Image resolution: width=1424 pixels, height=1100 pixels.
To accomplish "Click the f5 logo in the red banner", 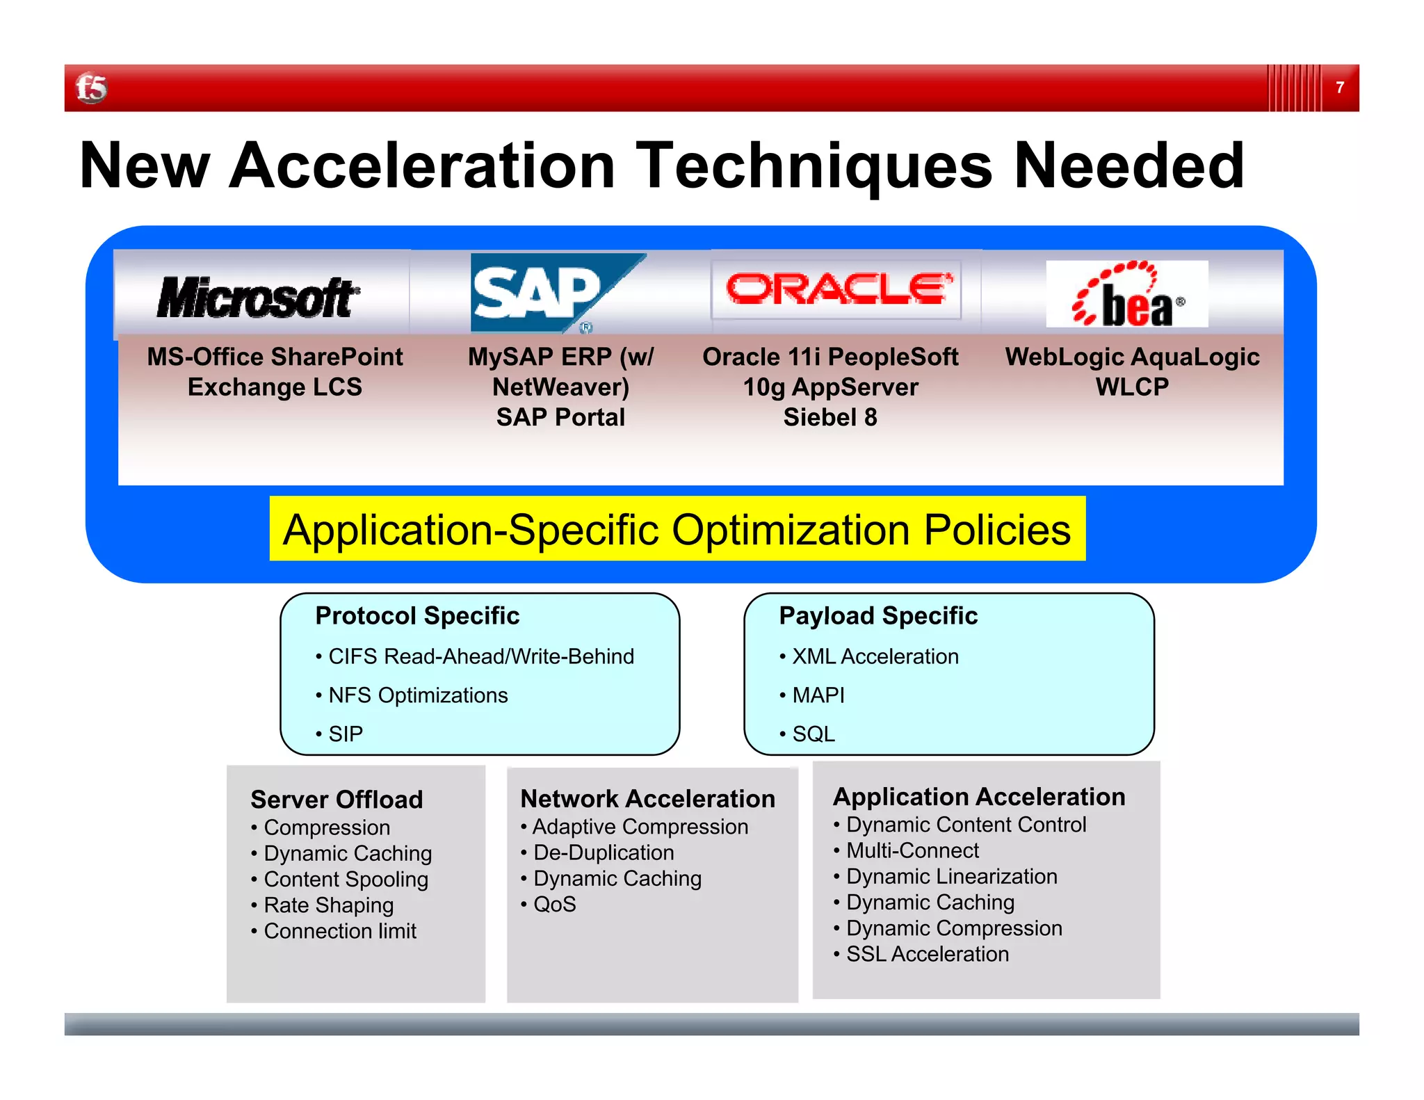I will point(91,88).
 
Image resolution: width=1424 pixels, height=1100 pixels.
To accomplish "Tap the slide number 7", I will point(1339,88).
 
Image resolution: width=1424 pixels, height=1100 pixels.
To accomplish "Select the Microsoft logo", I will point(258,297).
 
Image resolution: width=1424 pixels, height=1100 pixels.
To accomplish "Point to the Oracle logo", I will point(836,289).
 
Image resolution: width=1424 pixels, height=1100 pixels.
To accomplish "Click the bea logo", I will point(1127,295).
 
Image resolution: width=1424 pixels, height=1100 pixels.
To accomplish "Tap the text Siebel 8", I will point(830,417).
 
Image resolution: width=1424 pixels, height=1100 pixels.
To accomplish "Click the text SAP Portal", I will point(560,417).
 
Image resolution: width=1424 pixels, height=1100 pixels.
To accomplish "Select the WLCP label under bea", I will point(1132,387).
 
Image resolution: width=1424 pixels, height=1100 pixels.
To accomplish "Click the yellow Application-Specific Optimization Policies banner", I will point(677,529).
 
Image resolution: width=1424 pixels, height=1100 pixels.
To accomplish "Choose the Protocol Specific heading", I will point(417,616).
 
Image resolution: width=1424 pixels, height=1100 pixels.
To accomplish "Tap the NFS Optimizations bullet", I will point(418,695).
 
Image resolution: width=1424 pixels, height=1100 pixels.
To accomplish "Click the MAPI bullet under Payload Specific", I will point(818,695).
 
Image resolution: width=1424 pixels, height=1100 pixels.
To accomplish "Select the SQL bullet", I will point(814,734).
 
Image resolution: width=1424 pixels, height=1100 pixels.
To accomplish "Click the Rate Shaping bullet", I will point(328,905).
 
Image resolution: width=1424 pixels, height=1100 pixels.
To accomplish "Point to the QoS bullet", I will point(554,905).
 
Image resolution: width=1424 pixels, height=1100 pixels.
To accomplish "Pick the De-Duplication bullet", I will point(604,852).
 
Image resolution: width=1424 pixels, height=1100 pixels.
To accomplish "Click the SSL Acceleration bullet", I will point(927,954).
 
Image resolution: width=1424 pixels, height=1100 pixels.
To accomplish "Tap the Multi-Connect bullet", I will point(912,850).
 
